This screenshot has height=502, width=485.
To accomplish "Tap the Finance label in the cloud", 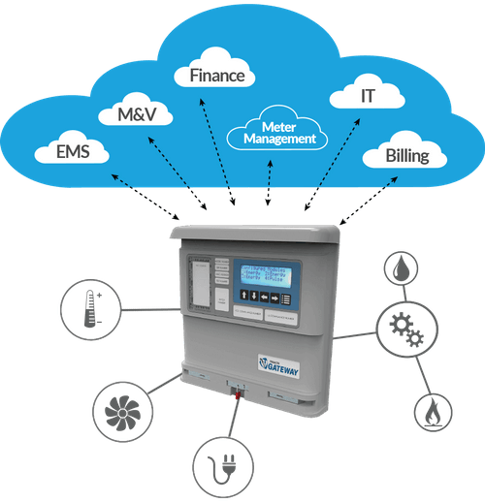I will tap(215, 75).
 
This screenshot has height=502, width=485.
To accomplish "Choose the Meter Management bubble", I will tap(279, 133).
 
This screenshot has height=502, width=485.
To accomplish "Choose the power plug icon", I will tap(219, 464).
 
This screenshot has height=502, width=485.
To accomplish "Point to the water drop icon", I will tap(400, 267).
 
